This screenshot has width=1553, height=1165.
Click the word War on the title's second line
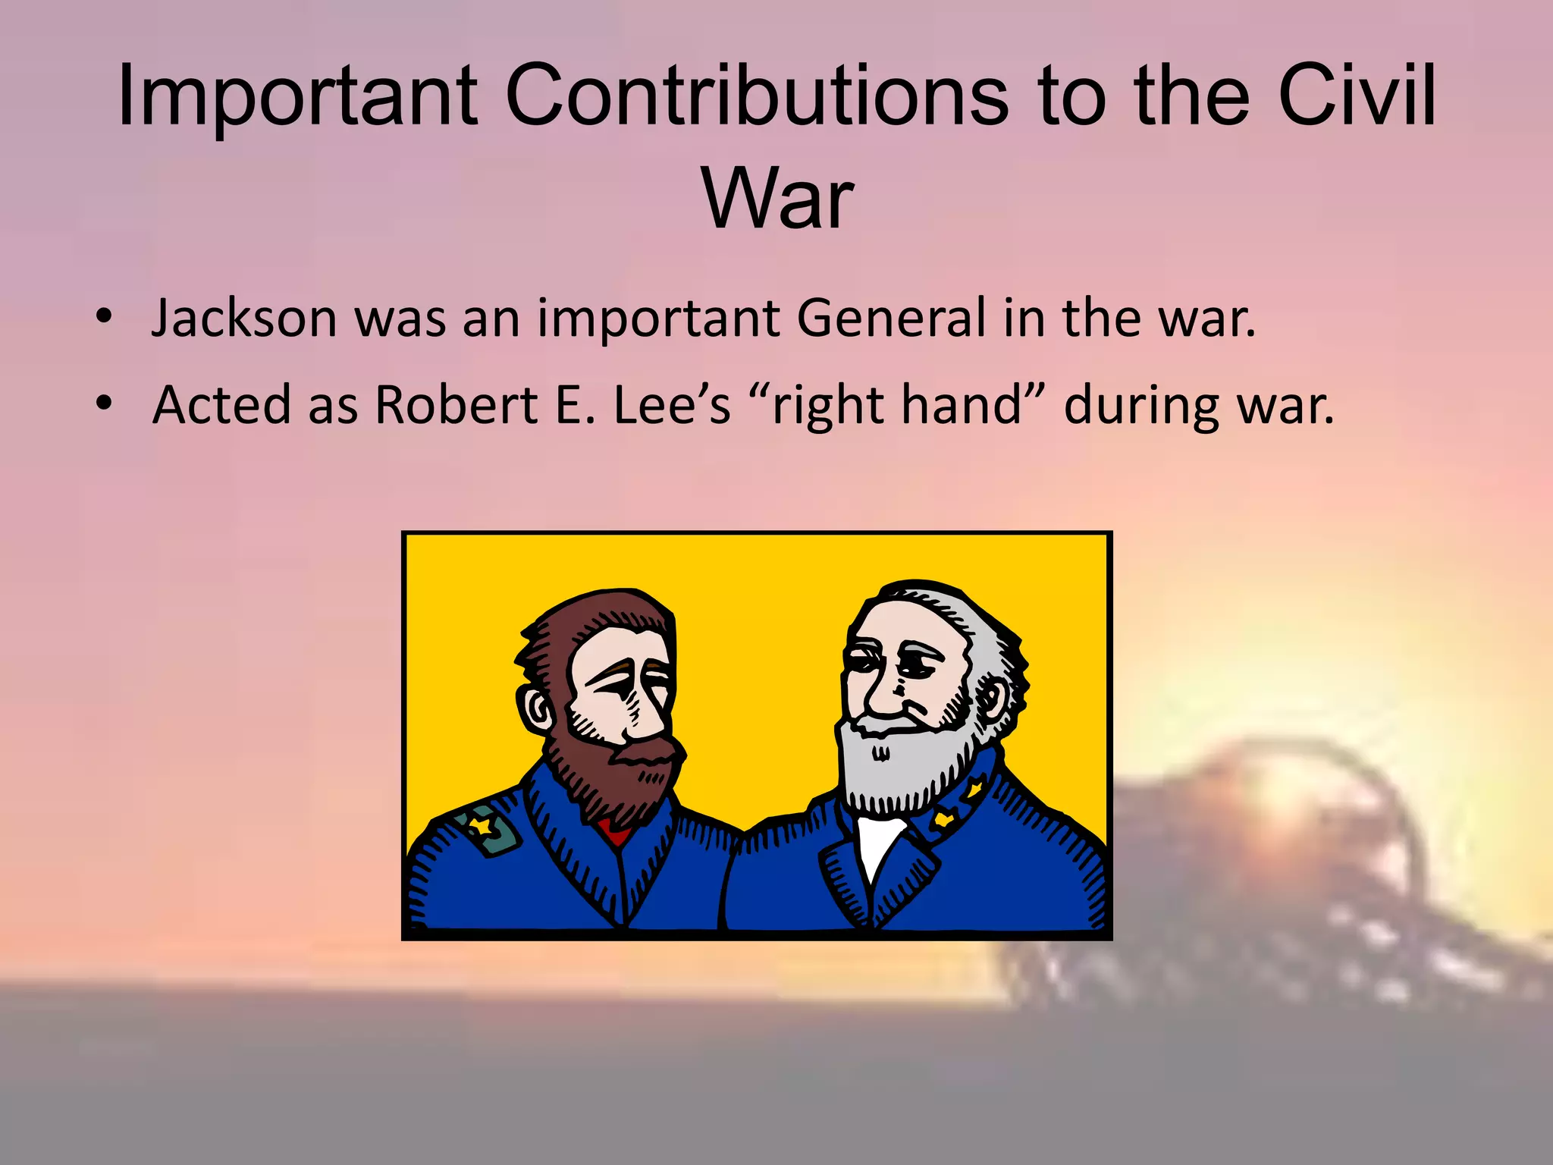[x=778, y=199]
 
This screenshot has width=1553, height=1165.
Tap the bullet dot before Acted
[x=105, y=404]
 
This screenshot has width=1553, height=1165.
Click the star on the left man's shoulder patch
[x=481, y=826]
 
